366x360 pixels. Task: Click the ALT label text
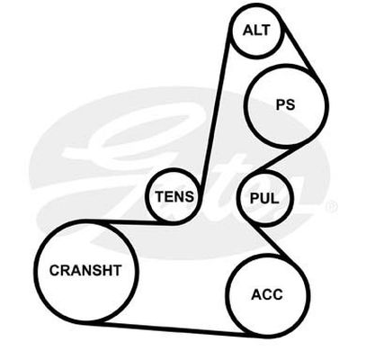point(256,31)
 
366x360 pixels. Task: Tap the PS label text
point(285,105)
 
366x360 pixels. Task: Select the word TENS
point(174,196)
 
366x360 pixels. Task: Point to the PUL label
point(264,198)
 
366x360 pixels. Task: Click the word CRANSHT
point(85,270)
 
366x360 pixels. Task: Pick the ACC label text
point(267,294)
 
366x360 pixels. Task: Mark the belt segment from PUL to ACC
point(268,240)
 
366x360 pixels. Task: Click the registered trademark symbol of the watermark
point(331,206)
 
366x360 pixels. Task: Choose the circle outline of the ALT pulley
point(231,30)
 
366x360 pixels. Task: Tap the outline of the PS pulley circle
point(245,105)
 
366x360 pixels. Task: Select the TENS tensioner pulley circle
point(147,196)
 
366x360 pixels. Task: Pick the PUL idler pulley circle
point(238,198)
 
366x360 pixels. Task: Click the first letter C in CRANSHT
point(55,270)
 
